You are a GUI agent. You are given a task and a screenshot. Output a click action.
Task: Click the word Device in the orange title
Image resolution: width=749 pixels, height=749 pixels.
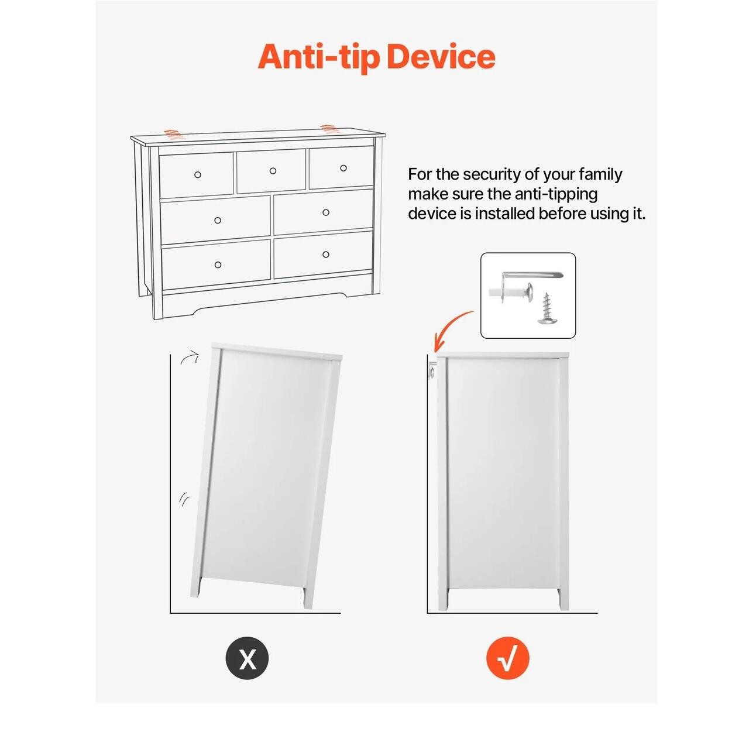441,57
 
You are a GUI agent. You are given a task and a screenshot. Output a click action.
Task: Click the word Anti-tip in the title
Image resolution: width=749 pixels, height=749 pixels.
318,58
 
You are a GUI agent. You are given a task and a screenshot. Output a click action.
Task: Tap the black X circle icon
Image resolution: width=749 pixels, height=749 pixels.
247,658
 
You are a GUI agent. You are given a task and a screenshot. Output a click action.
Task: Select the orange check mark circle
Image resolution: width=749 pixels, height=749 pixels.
508,658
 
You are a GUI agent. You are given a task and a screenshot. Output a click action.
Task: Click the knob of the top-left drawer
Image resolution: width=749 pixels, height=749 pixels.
197,174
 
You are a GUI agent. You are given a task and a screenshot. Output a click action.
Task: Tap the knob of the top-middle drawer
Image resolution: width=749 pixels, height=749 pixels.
273,171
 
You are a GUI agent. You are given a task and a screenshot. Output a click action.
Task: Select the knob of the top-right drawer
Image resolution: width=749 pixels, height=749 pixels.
343,168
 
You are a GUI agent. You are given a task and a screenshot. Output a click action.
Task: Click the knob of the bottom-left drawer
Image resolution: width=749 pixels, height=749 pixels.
218,264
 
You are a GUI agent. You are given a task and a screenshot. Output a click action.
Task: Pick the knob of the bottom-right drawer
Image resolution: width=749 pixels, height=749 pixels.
326,254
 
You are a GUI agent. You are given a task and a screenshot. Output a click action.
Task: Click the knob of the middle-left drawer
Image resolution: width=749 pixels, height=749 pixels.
218,221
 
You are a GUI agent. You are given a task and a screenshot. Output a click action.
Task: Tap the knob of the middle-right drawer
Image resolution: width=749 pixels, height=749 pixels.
326,212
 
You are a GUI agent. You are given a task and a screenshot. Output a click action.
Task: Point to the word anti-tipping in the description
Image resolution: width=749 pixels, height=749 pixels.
556,194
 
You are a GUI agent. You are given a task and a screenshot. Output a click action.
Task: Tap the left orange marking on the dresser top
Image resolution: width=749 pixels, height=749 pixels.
171,134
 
